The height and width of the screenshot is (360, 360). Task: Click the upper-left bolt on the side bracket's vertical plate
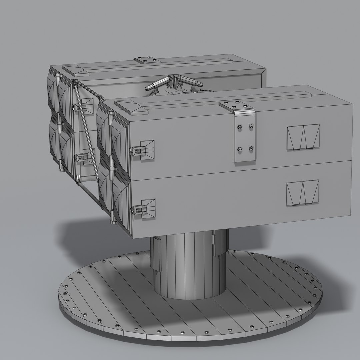tap(239, 127)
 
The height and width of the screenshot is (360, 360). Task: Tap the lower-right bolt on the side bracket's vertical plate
tap(251, 148)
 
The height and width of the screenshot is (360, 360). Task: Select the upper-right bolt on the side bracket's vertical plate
tap(251, 126)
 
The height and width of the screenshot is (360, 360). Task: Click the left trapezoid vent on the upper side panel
tap(295, 137)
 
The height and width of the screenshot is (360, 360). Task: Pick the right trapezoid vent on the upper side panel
tap(311, 136)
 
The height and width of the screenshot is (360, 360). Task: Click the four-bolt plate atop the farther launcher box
tap(147, 60)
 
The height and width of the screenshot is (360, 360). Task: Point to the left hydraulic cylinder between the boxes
tap(156, 83)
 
